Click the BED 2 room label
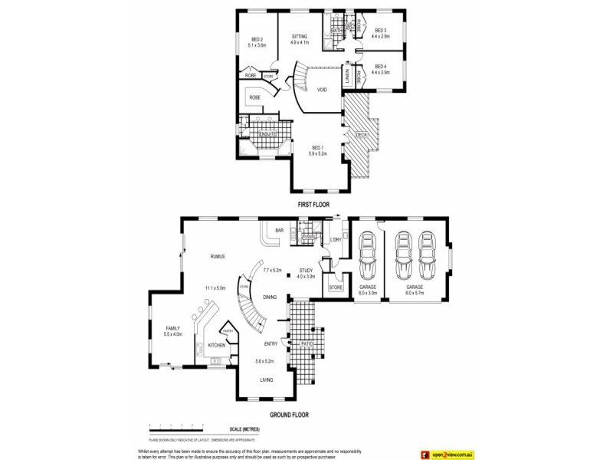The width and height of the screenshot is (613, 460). [256, 40]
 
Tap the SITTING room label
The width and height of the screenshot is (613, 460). [299, 36]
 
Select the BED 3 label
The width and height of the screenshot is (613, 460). [381, 31]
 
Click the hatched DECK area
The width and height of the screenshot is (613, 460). [360, 138]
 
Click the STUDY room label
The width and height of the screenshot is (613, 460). [306, 271]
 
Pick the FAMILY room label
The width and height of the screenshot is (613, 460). [172, 329]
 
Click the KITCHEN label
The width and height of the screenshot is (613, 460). [216, 346]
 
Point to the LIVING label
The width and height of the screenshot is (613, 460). [266, 379]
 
